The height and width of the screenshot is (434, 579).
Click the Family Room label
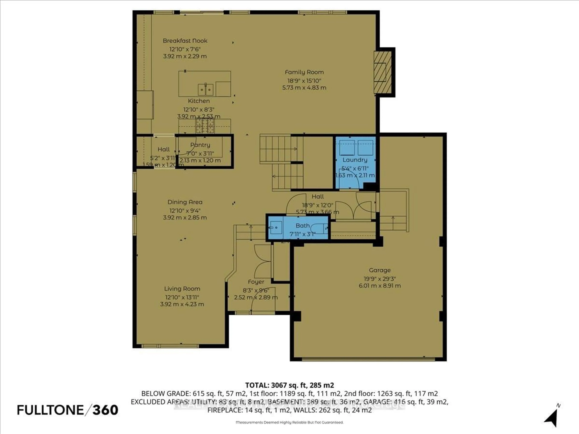304,72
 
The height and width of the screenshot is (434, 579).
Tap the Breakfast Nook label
185,41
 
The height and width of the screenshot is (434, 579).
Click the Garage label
380,270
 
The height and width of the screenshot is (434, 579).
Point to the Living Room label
182,289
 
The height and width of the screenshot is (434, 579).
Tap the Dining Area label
185,202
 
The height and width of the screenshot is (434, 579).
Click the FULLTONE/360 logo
68,410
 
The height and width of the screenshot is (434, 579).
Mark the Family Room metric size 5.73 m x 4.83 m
304,88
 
